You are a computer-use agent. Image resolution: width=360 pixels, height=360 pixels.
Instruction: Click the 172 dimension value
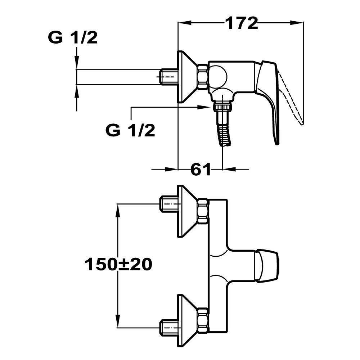pyautogui.click(x=242, y=24)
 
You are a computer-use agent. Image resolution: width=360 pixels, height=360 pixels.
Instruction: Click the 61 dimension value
pyautogui.click(x=200, y=169)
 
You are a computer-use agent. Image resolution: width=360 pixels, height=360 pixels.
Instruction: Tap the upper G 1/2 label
pyautogui.click(x=73, y=37)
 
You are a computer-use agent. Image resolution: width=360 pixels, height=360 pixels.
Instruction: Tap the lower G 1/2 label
pyautogui.click(x=131, y=131)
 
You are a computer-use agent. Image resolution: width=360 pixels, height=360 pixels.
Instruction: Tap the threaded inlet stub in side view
pyautogui.click(x=168, y=76)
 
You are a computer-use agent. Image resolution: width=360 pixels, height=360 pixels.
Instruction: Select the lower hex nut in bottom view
pyautogui.click(x=203, y=319)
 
